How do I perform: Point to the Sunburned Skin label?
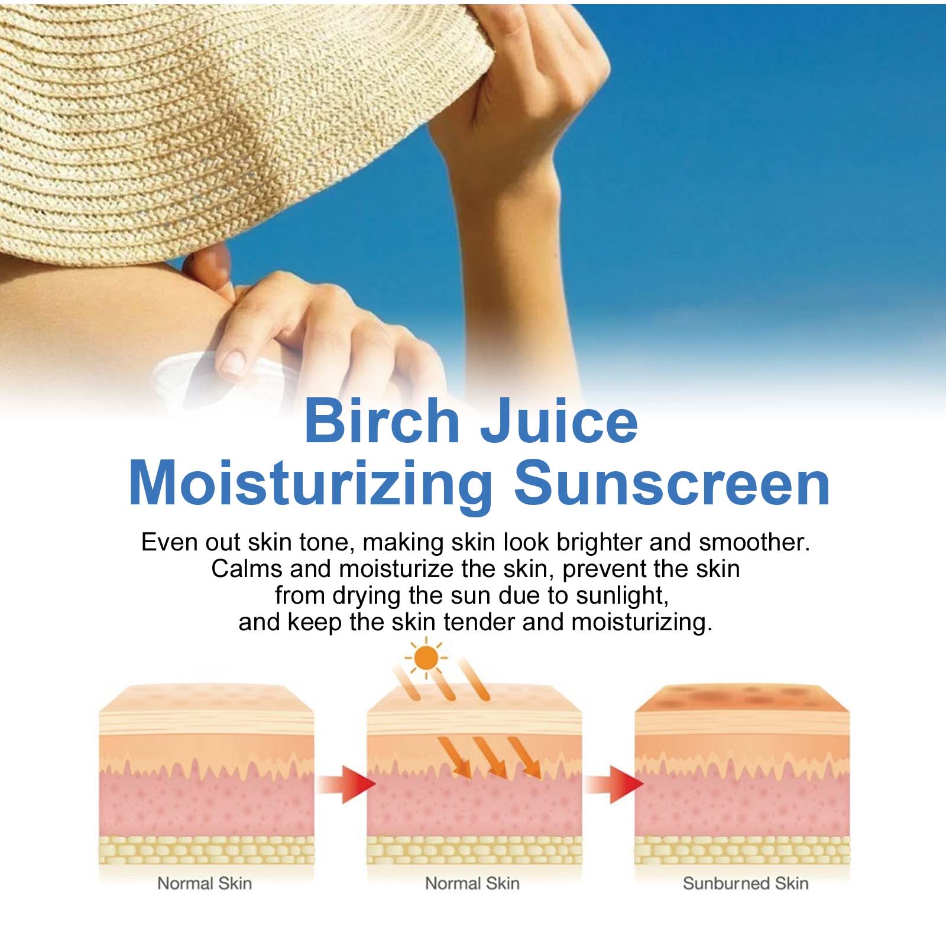746,883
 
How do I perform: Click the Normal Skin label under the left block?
205,883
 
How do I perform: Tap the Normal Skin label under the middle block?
472,883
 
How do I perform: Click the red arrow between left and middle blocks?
346,785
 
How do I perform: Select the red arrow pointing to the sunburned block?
615,785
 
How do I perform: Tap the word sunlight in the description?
622,596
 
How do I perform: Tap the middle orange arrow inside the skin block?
490,757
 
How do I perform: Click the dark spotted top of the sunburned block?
742,698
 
